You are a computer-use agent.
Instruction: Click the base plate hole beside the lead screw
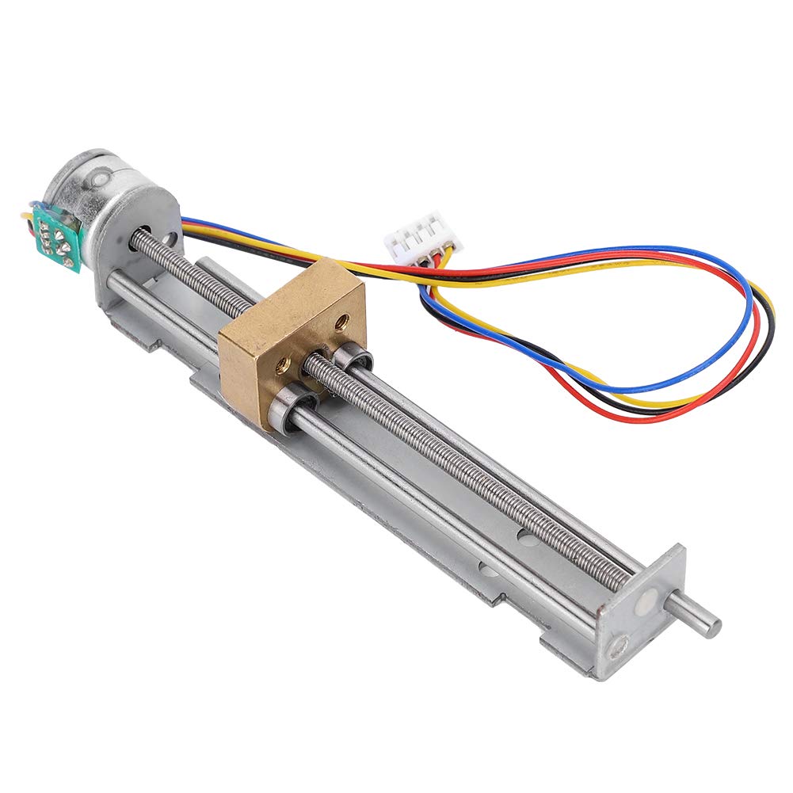[526, 536]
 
